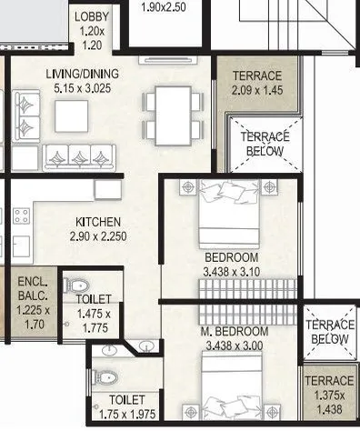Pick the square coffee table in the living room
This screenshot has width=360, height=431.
72,115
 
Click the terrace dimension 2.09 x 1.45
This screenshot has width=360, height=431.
257,91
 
